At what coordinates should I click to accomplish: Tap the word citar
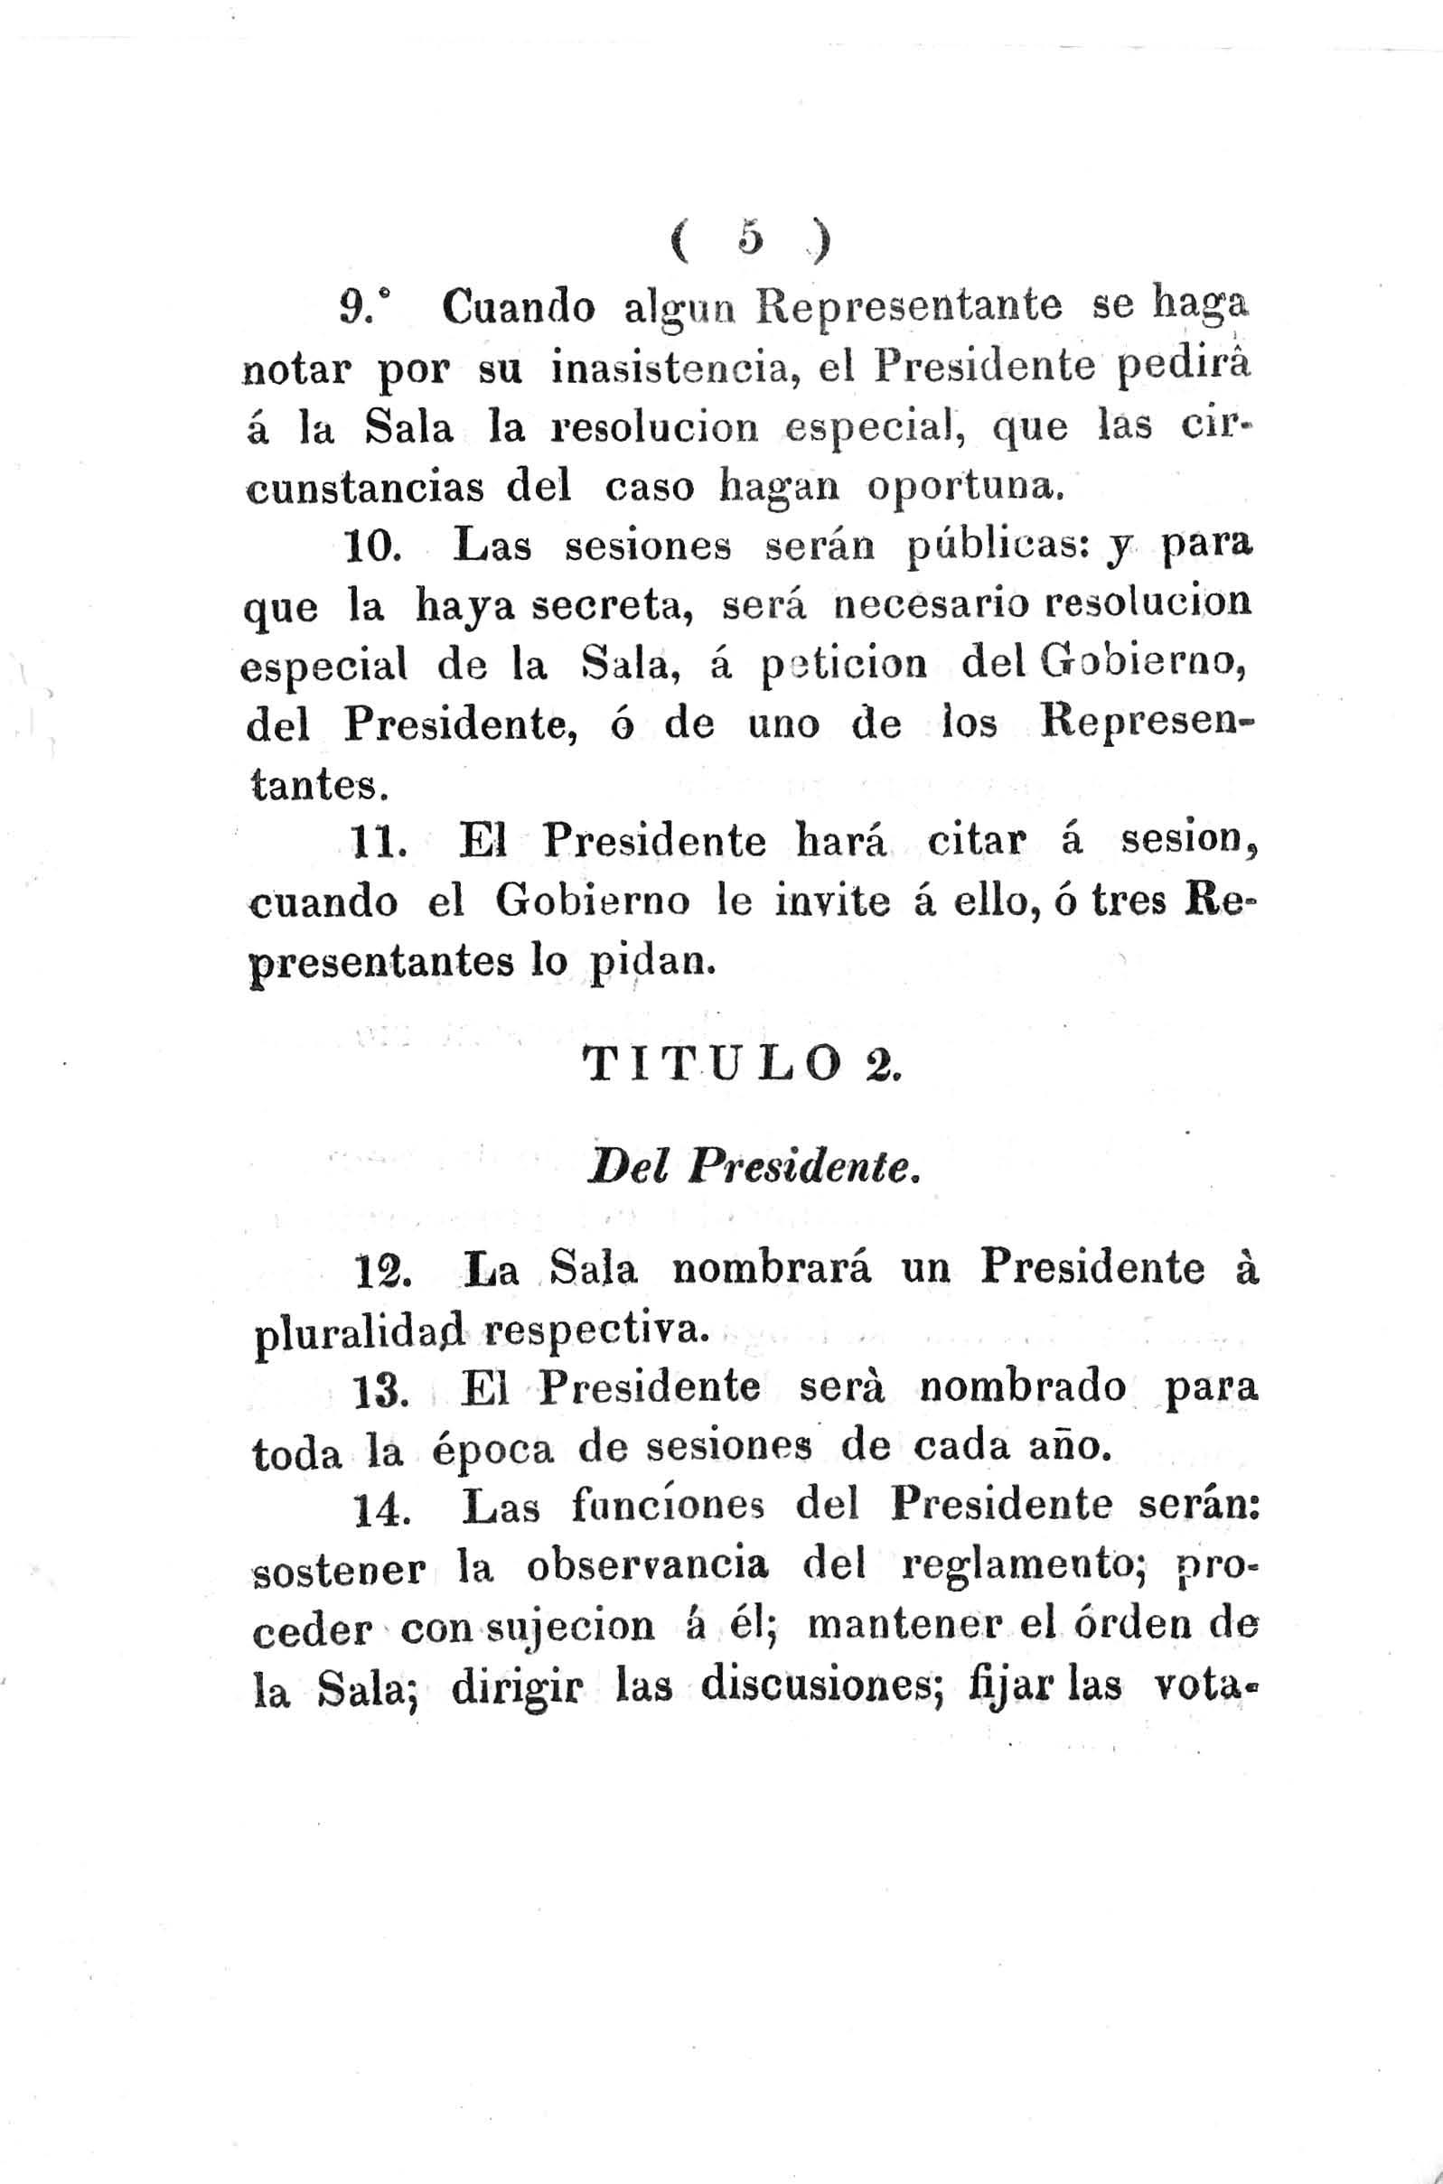pos(977,843)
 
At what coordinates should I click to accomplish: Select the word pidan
pos(648,962)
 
